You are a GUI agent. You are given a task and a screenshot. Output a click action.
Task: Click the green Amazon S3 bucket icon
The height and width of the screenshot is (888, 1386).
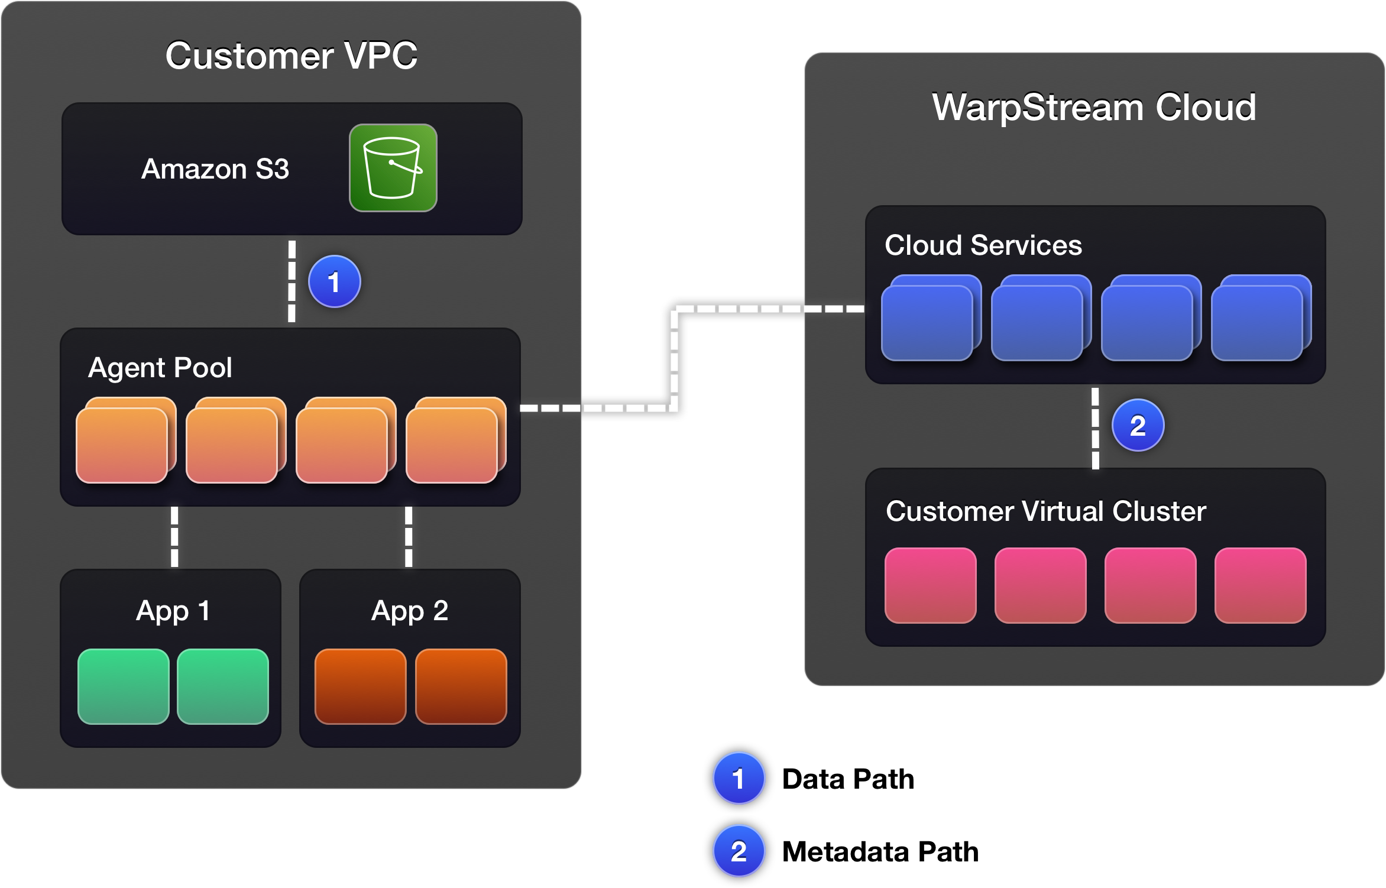pyautogui.click(x=393, y=168)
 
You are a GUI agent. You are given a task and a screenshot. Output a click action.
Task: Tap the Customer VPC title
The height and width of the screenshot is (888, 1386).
pyautogui.click(x=291, y=56)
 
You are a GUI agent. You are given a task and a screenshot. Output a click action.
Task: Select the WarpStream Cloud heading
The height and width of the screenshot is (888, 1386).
pyautogui.click(x=1094, y=107)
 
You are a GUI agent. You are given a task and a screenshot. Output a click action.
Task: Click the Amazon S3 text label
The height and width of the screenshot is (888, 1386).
pyautogui.click(x=215, y=169)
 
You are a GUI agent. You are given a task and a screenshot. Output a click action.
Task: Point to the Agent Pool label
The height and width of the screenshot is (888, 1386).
pyautogui.click(x=160, y=368)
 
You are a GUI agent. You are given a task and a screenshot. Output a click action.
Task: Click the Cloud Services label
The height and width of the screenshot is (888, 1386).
pyautogui.click(x=983, y=245)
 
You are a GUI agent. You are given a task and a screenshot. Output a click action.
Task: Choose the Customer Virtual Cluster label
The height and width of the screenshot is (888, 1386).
pyautogui.click(x=1045, y=511)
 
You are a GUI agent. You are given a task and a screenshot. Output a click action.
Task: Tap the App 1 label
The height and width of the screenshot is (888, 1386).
pyautogui.click(x=173, y=611)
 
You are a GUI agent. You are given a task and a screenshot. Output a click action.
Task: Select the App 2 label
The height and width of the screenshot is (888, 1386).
pyautogui.click(x=410, y=611)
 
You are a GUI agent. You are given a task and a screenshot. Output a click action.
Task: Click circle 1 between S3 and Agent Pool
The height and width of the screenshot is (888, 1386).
pyautogui.click(x=335, y=281)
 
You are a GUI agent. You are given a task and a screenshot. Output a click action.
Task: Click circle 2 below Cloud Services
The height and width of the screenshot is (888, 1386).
pyautogui.click(x=1138, y=426)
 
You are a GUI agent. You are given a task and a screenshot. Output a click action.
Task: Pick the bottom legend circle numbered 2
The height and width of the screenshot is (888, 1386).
pyautogui.click(x=739, y=851)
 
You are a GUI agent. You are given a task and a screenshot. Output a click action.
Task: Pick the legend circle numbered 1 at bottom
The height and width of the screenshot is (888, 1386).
pyautogui.click(x=739, y=778)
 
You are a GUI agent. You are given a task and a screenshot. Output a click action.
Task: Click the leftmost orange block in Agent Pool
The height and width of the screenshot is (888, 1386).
pyautogui.click(x=122, y=445)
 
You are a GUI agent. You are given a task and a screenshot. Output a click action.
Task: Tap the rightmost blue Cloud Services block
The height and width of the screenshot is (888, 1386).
pyautogui.click(x=1257, y=322)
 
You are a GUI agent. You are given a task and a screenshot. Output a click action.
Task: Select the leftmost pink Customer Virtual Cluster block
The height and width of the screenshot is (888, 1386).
pyautogui.click(x=930, y=585)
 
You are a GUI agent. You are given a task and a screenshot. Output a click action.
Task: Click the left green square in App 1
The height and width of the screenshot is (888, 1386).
pyautogui.click(x=124, y=686)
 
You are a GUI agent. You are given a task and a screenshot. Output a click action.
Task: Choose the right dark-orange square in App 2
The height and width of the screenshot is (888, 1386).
pyautogui.click(x=461, y=686)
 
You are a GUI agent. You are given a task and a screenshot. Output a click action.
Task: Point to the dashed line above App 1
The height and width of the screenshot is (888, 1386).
pyautogui.click(x=174, y=537)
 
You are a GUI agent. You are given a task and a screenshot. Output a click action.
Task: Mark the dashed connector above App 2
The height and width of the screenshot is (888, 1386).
pyautogui.click(x=409, y=537)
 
